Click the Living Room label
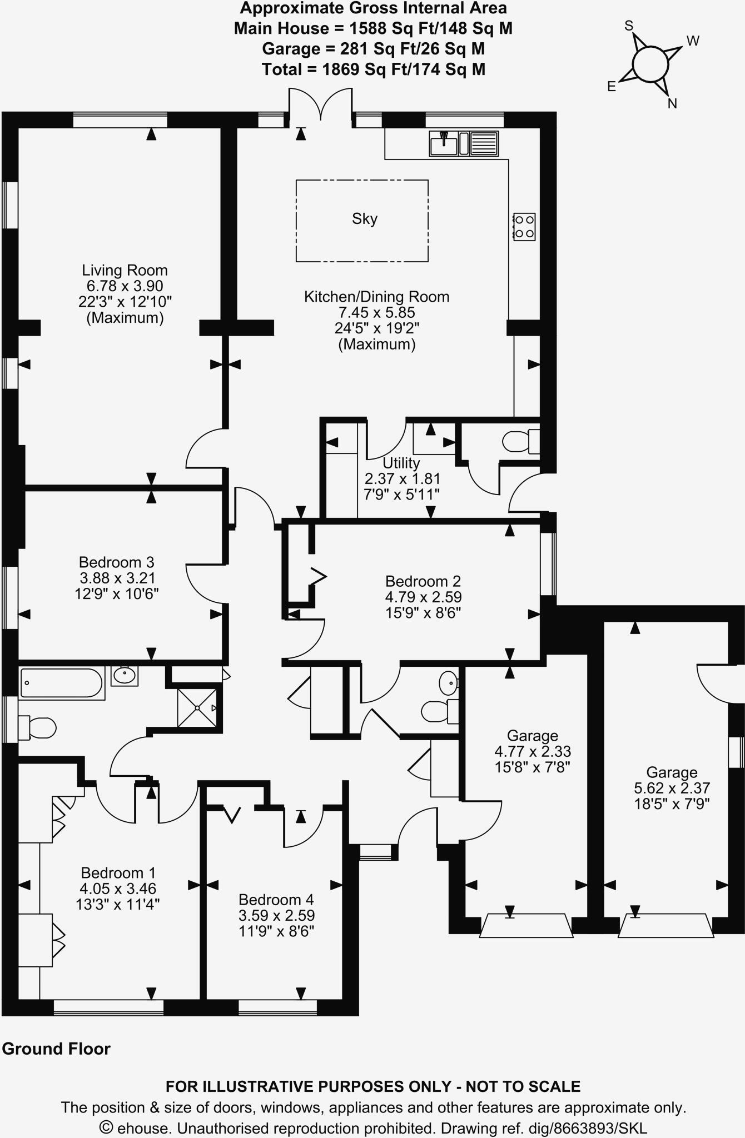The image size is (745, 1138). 125,271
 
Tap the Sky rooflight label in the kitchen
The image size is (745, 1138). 365,219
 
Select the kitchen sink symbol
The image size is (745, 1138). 444,143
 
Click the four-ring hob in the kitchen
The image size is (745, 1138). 524,227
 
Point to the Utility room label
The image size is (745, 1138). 401,463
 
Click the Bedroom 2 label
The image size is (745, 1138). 423,581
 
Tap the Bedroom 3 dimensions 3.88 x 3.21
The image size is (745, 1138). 117,578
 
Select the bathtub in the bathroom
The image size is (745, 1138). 62,683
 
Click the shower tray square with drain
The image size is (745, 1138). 197,707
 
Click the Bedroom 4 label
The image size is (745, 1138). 276,900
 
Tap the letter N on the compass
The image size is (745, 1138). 672,103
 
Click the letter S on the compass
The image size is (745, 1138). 629,26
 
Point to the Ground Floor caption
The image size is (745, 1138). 56,1049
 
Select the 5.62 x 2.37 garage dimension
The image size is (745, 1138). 672,788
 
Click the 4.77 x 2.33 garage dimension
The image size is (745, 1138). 533,751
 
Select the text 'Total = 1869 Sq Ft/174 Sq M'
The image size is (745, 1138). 373,69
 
